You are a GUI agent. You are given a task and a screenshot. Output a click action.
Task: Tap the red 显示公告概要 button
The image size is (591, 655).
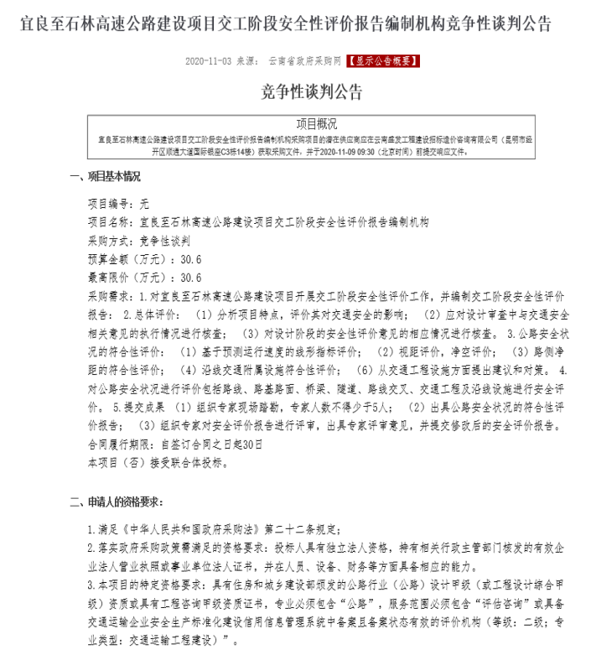coord(378,61)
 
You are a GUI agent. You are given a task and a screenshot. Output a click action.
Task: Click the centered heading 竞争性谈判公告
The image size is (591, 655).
coord(295,90)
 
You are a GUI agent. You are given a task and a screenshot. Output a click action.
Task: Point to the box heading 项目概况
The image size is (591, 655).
coord(295,122)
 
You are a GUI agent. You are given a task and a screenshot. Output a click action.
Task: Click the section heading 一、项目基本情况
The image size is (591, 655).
coord(104,177)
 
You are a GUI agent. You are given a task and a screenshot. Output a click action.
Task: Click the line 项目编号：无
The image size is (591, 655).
coord(118,203)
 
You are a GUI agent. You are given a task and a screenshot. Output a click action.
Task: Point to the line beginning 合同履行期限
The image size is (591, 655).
coord(176,444)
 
